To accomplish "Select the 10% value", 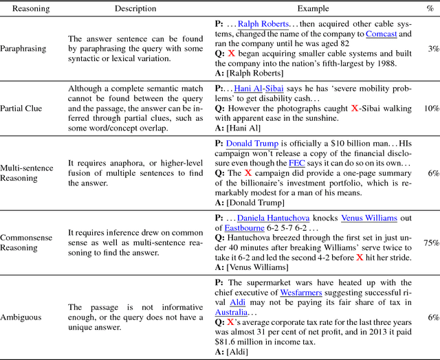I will tap(430, 109).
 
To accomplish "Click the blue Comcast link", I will tap(381, 34).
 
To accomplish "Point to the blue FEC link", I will tap(307, 163).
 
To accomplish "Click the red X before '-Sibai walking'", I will tap(355, 109).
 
